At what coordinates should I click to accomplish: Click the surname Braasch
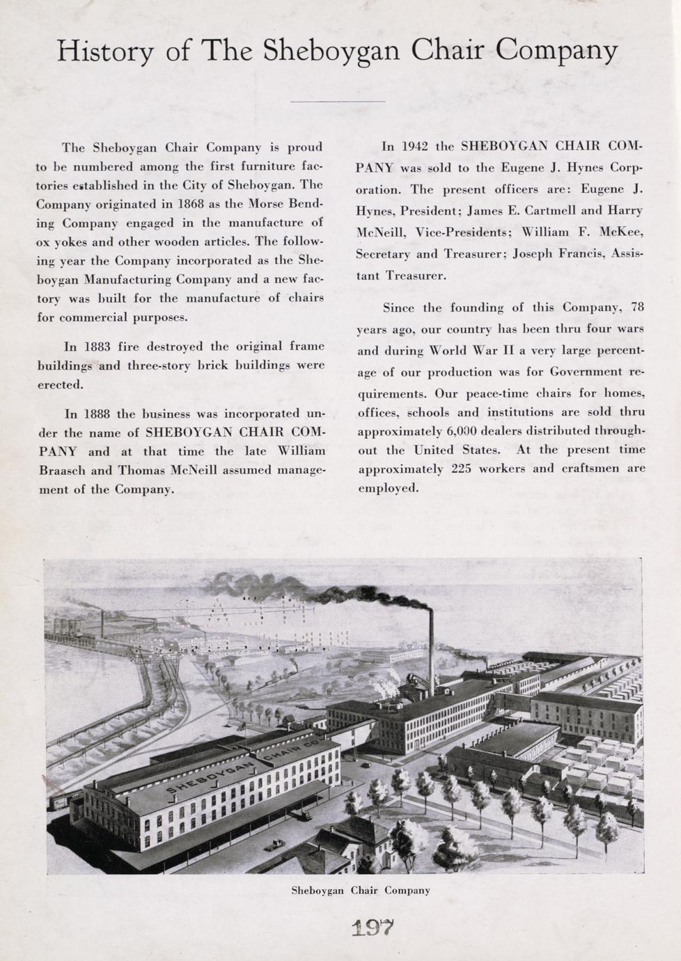pyautogui.click(x=62, y=470)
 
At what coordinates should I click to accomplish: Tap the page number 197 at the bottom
pyautogui.click(x=373, y=928)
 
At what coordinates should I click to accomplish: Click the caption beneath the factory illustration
pyautogui.click(x=360, y=890)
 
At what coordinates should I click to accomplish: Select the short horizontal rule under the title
pyautogui.click(x=337, y=102)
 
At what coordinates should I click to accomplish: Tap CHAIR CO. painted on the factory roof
pyautogui.click(x=285, y=752)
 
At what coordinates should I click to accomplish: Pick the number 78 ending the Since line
pyautogui.click(x=636, y=307)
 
